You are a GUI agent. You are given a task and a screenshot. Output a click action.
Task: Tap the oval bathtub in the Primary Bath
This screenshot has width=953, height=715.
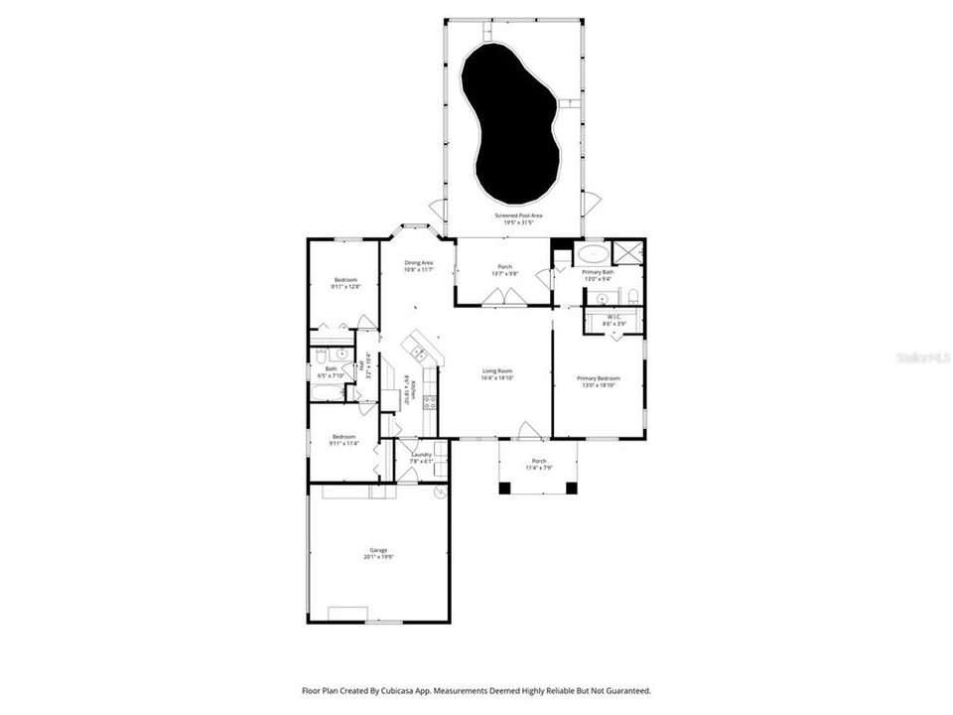click(x=596, y=252)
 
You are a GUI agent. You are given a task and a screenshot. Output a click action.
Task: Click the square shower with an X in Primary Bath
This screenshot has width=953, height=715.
click(x=627, y=252)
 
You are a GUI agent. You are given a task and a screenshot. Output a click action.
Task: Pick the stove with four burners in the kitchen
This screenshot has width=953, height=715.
click(x=431, y=402)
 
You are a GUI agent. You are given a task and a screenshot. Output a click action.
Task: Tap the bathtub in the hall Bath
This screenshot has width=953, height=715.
click(x=327, y=392)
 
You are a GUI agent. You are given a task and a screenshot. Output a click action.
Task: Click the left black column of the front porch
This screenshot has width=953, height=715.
click(x=504, y=488)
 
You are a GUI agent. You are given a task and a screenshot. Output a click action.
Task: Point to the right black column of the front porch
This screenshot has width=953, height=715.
click(x=571, y=488)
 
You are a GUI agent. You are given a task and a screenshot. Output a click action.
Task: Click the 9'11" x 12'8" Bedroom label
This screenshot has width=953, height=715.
click(x=344, y=283)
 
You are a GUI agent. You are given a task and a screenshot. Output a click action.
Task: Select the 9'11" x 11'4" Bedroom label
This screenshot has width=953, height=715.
click(x=344, y=440)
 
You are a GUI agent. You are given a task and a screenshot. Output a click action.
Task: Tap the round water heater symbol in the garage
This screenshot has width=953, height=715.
click(x=441, y=491)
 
